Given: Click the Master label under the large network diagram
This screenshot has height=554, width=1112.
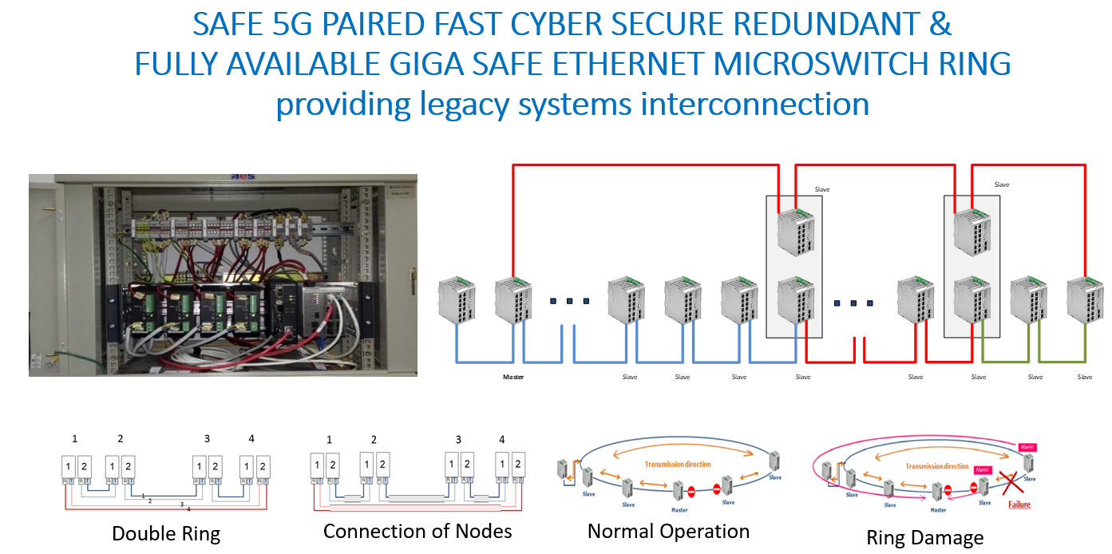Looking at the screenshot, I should (x=512, y=377).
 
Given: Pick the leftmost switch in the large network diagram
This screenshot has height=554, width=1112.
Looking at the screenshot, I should (x=457, y=301).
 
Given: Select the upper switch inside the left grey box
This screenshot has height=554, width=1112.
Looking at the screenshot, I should (x=797, y=232).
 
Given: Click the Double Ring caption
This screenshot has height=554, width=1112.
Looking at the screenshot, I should (x=166, y=533).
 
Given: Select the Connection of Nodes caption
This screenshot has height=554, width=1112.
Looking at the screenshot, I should (x=417, y=531).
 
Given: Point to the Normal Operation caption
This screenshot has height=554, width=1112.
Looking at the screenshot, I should (x=668, y=531).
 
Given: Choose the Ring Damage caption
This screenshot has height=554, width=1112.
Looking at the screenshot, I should (x=925, y=538).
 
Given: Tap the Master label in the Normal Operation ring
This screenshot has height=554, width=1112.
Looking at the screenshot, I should (x=679, y=509).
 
